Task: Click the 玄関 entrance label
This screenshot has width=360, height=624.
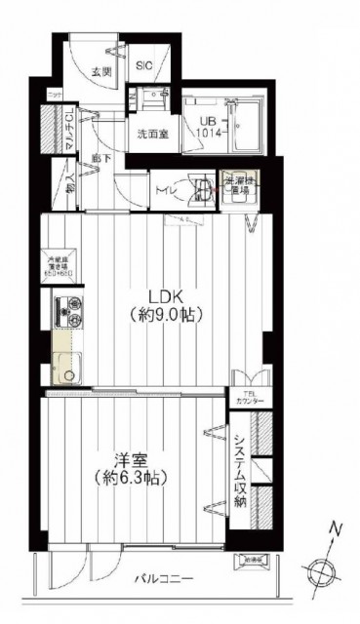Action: (100, 71)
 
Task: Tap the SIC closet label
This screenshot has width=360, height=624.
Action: (142, 66)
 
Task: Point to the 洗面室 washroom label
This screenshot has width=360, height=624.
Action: (151, 135)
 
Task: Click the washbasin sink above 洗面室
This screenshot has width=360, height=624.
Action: (153, 98)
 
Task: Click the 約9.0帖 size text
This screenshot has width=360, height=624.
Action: (165, 316)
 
